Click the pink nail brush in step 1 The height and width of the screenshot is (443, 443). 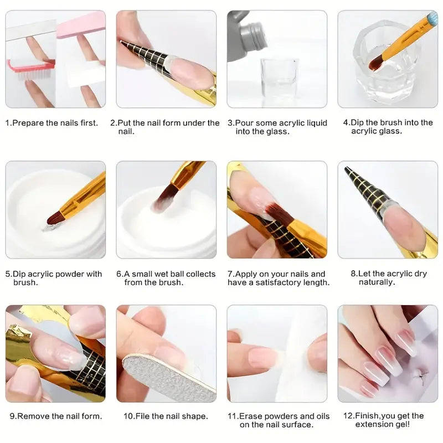pyautogui.click(x=30, y=67)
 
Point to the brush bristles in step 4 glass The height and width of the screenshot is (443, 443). pyautogui.click(x=379, y=61)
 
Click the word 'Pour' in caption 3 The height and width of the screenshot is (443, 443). pyautogui.click(x=244, y=123)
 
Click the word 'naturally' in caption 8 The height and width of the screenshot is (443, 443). pyautogui.click(x=377, y=282)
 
